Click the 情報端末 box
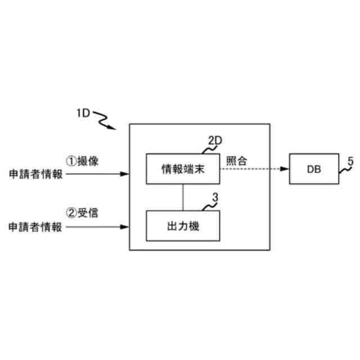pyautogui.click(x=182, y=168)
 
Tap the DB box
pyautogui.click(x=314, y=168)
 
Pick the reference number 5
pyautogui.click(x=350, y=161)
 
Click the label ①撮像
pyautogui.click(x=83, y=161)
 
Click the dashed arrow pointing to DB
pyautogui.click(x=253, y=168)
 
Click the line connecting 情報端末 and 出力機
pyautogui.click(x=182, y=197)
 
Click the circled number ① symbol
pyautogui.click(x=71, y=161)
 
